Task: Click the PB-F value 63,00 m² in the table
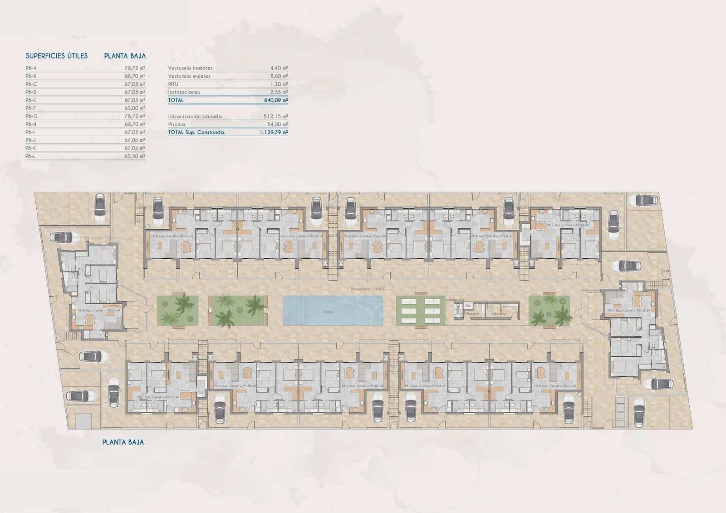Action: tap(136, 108)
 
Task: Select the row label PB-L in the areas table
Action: tap(31, 156)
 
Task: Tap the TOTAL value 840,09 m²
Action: tap(275, 100)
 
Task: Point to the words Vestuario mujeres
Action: tap(189, 76)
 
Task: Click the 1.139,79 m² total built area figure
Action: tap(274, 133)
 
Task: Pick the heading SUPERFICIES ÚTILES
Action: tap(57, 56)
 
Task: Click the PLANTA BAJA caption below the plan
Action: tap(123, 442)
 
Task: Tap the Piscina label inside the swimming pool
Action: tap(329, 312)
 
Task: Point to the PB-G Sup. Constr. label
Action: tap(628, 311)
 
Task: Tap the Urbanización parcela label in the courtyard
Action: tap(368, 289)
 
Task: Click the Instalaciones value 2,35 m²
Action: tap(279, 92)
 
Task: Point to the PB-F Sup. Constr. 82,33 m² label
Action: tap(567, 225)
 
